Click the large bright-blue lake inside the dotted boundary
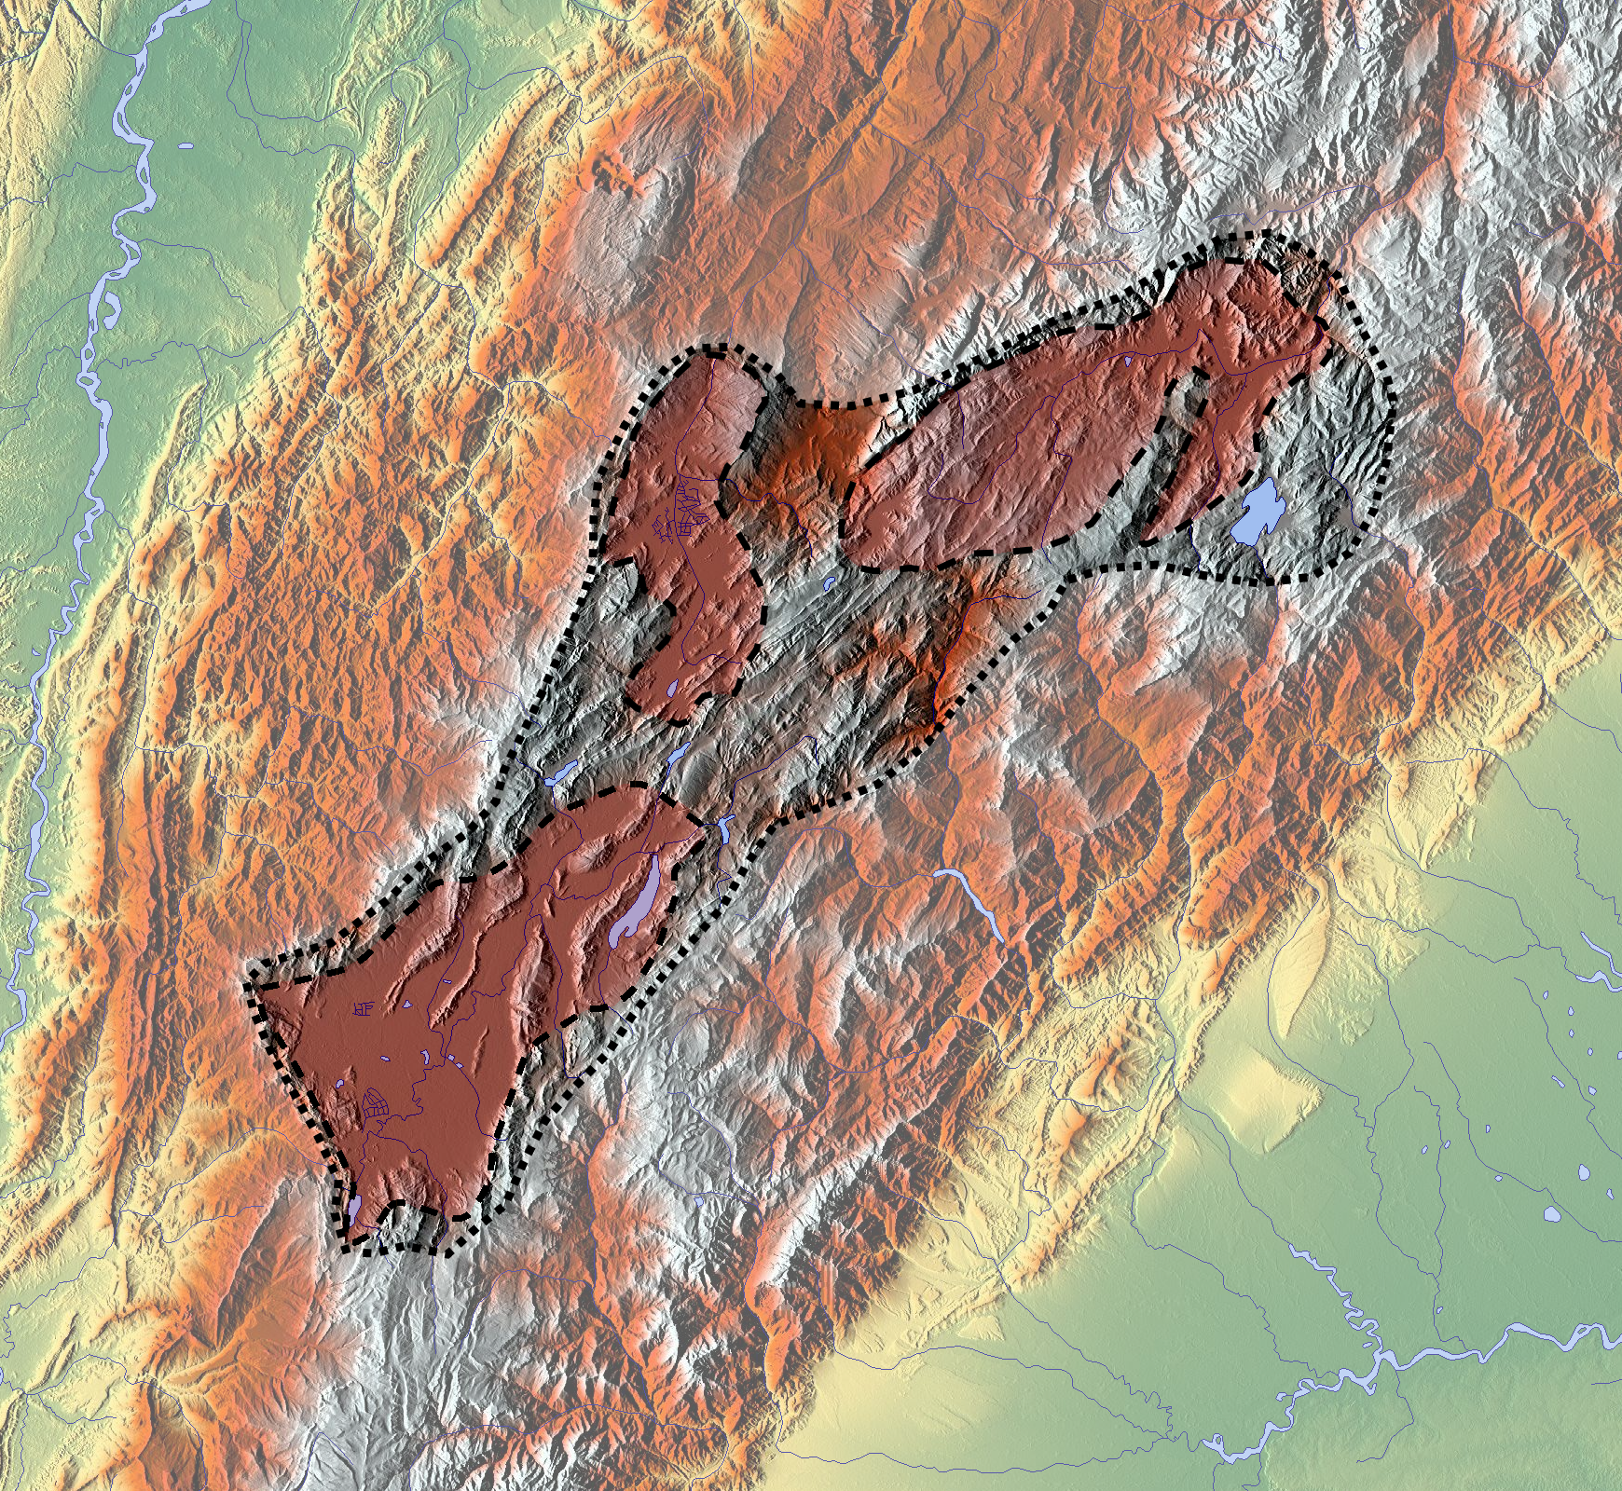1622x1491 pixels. tap(1258, 511)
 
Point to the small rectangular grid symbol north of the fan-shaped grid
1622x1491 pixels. tap(364, 1008)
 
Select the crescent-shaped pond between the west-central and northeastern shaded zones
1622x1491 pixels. tap(828, 585)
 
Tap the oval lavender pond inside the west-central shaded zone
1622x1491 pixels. tap(673, 691)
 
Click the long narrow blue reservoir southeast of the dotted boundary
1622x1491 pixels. tap(974, 902)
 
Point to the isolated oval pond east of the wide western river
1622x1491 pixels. tap(186, 146)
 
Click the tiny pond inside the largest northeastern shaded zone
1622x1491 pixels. tap(1126, 361)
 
